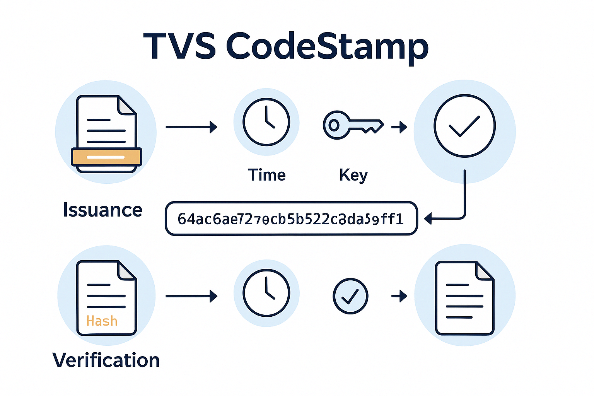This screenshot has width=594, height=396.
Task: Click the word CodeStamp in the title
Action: tap(327, 46)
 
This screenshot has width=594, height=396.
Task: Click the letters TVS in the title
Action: tap(179, 46)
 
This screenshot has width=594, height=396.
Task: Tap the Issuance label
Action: tap(102, 210)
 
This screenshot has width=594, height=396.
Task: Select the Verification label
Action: tap(106, 360)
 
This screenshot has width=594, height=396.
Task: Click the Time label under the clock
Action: tap(266, 175)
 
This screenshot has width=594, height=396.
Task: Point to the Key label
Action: tap(353, 175)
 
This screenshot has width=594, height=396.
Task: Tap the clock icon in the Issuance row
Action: tap(266, 122)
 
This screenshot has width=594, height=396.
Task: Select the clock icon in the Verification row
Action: tap(266, 293)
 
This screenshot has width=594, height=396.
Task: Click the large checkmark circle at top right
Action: tap(464, 126)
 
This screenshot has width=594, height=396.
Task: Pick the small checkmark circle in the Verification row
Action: tap(350, 296)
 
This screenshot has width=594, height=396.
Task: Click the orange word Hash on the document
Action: tap(102, 321)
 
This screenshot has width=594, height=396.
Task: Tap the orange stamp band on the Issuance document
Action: tap(106, 157)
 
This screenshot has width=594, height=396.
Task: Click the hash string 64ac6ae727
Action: tap(291, 219)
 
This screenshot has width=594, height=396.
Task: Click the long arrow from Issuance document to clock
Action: tap(191, 127)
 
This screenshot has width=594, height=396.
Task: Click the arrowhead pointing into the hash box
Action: tap(428, 219)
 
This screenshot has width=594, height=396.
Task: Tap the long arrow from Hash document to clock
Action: tap(191, 296)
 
